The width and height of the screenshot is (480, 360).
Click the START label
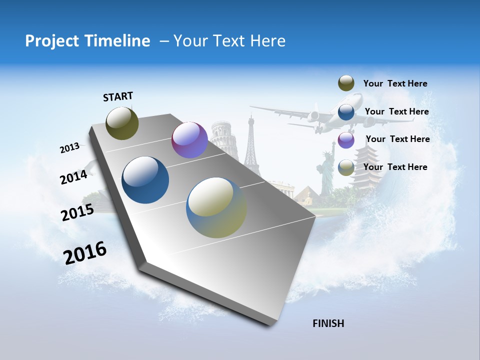(x=118, y=96)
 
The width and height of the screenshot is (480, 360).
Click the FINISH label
(x=328, y=323)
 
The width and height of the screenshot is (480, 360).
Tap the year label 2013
(x=69, y=148)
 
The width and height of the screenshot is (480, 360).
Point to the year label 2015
(x=77, y=212)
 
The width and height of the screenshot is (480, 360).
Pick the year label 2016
(x=85, y=253)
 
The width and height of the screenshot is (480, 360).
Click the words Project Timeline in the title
(x=87, y=41)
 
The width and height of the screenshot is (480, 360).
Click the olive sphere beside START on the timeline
(x=122, y=123)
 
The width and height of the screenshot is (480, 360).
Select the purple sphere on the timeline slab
(x=189, y=140)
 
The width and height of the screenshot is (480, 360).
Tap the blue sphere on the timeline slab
(x=145, y=180)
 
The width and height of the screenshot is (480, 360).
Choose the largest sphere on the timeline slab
(x=216, y=207)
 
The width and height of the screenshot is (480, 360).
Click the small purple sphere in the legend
(x=346, y=140)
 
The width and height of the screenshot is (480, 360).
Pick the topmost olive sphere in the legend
(x=346, y=83)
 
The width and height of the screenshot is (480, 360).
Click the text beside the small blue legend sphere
(x=396, y=111)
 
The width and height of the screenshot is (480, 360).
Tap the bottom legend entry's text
(x=395, y=167)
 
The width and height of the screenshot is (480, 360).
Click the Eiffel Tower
(x=250, y=142)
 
